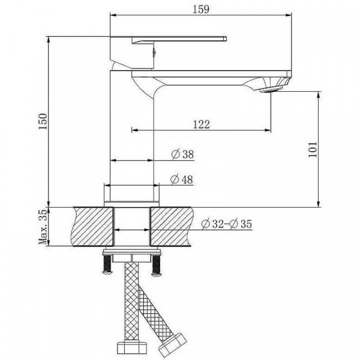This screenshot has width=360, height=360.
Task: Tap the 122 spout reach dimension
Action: tap(201, 124)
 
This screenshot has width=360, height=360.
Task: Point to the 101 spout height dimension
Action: tap(312, 149)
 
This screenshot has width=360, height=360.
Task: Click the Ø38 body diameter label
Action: tap(182, 155)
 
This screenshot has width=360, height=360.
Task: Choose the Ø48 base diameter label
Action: tap(182, 179)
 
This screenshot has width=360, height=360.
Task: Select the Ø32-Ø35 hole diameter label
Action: tap(227, 224)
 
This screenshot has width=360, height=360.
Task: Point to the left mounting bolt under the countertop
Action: tap(107, 263)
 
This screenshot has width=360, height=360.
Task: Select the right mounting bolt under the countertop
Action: tap(157, 263)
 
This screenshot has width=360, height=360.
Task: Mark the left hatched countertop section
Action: tap(92, 226)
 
